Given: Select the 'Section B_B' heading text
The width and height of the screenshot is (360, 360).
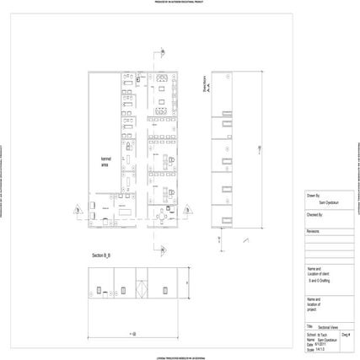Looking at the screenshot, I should point(104,255).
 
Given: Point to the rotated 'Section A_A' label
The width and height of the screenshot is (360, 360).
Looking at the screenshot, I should point(206,89).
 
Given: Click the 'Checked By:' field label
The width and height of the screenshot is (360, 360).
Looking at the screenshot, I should point(315,214).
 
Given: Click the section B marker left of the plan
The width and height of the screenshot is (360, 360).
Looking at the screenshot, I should point(78,210).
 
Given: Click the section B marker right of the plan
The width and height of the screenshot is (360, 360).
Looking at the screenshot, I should point(187,210).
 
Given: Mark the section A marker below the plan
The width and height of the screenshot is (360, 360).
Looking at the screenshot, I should point(156,250).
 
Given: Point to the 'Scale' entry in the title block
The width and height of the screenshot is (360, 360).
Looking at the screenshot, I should point(311,350).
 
